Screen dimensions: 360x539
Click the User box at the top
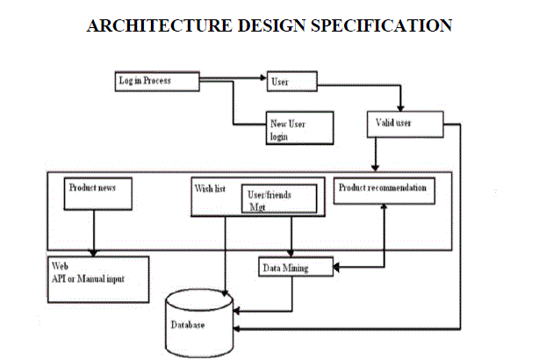pos(290,83)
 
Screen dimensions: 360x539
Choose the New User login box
pos(299,126)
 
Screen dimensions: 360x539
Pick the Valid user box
pos(400,125)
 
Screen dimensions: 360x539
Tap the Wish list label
pos(212,187)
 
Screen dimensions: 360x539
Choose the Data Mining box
pos(295,267)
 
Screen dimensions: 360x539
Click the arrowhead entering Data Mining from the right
pos(336,267)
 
